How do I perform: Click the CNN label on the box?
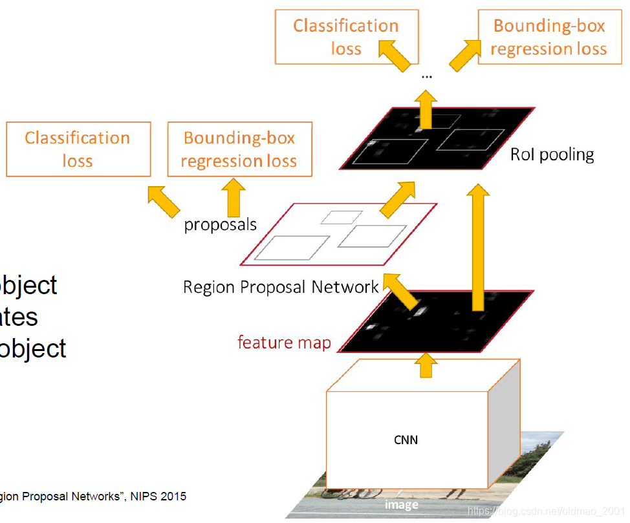406,440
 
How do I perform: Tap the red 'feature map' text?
284,342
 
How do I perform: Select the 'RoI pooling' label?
552,155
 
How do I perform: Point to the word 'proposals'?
220,225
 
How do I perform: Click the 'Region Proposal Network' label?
281,286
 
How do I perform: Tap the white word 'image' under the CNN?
401,504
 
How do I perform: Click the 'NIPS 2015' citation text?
158,496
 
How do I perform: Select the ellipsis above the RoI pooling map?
426,76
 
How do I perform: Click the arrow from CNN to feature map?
425,365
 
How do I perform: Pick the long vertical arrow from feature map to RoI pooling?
478,246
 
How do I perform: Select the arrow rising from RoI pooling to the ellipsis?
426,109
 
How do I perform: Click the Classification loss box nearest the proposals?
78,149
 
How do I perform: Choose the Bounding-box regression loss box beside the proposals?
239,149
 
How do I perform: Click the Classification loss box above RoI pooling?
347,37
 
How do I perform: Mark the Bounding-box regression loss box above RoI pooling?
549,37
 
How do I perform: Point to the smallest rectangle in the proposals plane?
342,217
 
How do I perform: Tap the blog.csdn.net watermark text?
547,511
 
